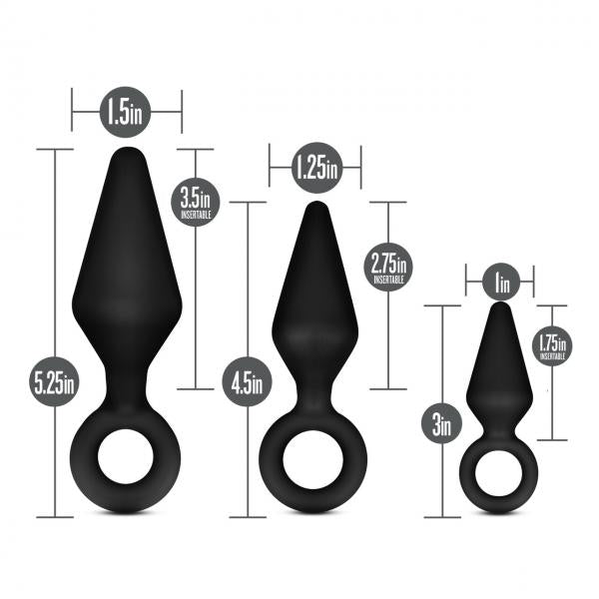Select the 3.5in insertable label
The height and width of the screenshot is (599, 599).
point(197,202)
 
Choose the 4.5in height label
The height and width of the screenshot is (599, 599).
point(246,381)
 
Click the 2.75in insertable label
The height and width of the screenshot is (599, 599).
point(387,268)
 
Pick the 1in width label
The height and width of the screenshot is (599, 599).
point(499,284)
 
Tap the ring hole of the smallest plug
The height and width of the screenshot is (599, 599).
point(497,475)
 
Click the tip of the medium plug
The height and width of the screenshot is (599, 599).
point(316,207)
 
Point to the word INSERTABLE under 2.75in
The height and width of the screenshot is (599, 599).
point(387,281)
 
